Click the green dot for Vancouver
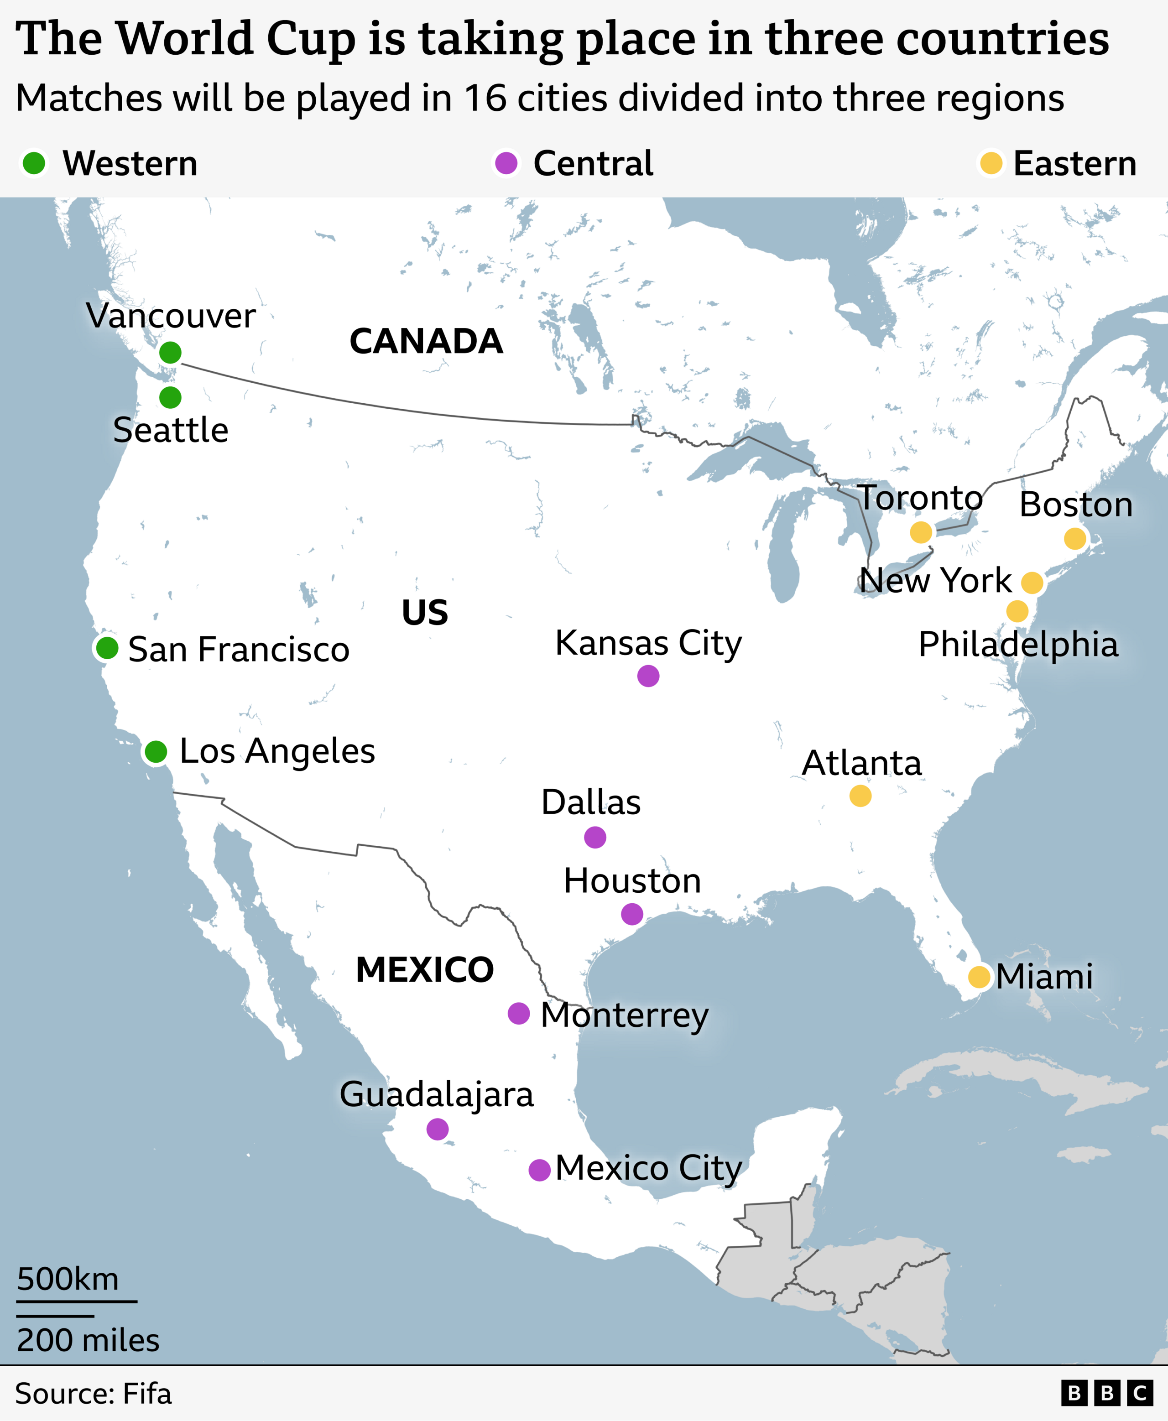click(x=170, y=352)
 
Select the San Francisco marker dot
click(x=107, y=648)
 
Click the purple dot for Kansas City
click(x=648, y=676)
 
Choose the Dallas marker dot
click(x=595, y=837)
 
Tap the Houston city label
click(x=632, y=881)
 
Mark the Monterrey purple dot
click(x=518, y=1013)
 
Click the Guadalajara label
click(x=437, y=1095)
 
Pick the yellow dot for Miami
click(x=979, y=976)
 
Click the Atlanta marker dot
click(x=860, y=796)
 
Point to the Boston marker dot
click(x=1075, y=538)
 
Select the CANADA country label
click(x=426, y=341)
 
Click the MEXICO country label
click(x=425, y=969)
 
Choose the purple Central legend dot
click(x=506, y=163)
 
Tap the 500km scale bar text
click(x=67, y=1279)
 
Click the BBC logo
click(x=1107, y=1394)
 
